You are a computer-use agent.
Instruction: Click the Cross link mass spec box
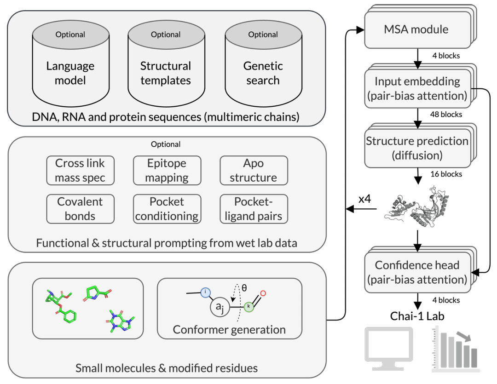point(80,170)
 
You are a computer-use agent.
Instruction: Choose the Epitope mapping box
point(167,170)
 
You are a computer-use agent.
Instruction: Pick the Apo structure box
point(253,170)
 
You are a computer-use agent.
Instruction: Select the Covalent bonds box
point(80,209)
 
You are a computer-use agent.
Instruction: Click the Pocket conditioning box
point(167,209)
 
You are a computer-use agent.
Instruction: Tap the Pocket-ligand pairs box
point(253,209)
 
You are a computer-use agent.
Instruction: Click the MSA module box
point(416,30)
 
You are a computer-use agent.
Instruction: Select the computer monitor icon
point(388,349)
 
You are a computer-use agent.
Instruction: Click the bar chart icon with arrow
point(455,350)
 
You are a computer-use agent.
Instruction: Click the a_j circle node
point(220,308)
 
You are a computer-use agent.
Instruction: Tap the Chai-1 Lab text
point(417,316)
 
